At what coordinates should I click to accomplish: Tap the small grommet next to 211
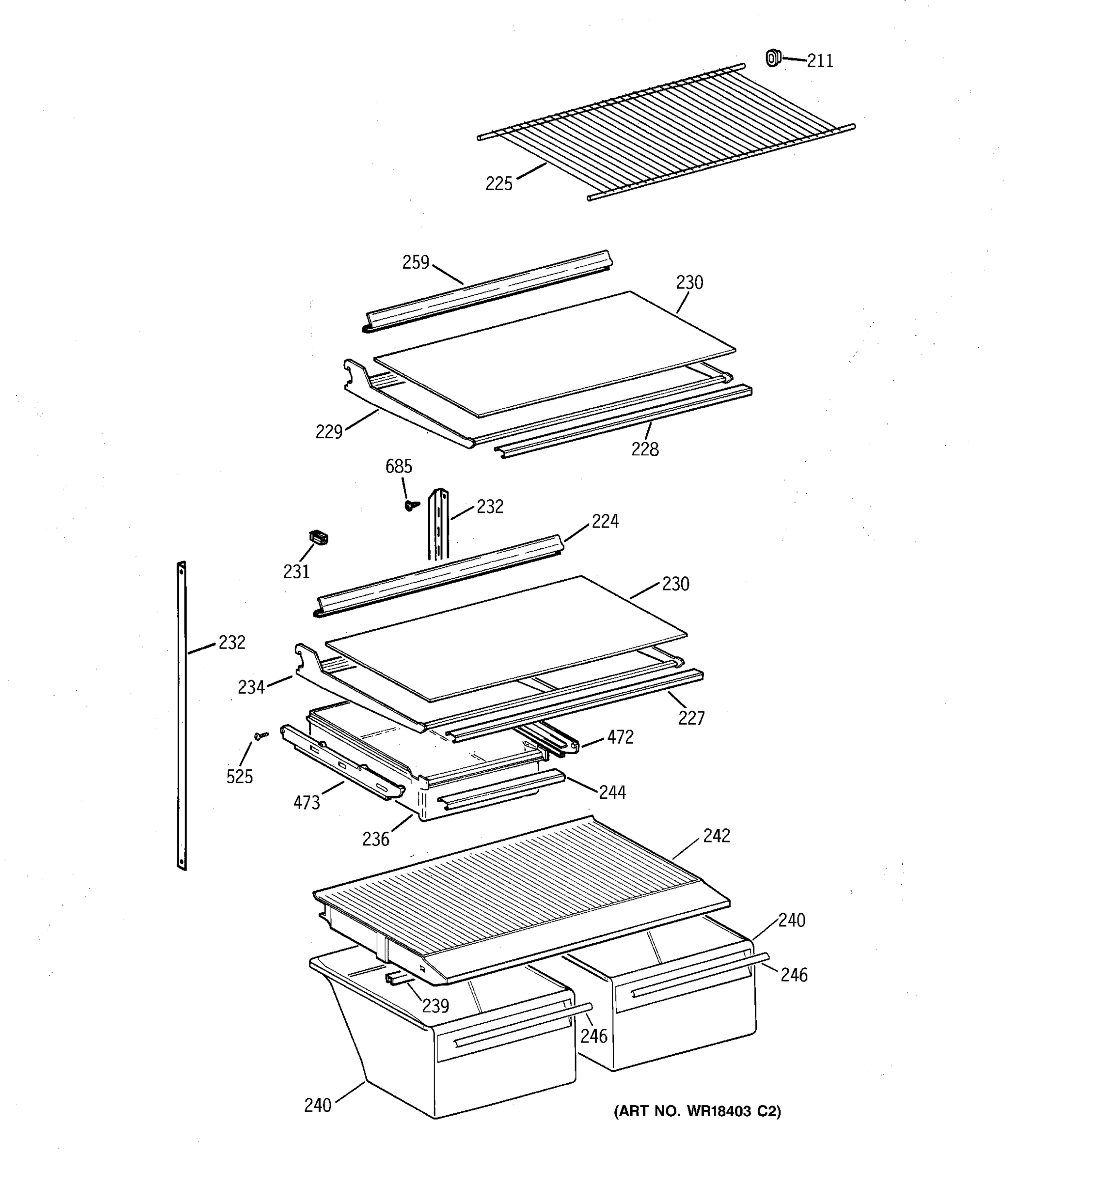(x=773, y=58)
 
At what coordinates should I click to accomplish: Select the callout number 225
(x=498, y=184)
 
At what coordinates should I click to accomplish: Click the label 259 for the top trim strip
(x=415, y=263)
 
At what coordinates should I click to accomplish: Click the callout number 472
(x=620, y=737)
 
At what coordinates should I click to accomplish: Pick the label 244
(x=612, y=792)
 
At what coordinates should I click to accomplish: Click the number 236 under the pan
(x=376, y=839)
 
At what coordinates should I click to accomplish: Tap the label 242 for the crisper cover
(x=717, y=836)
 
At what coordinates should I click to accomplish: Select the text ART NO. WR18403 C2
(x=697, y=1111)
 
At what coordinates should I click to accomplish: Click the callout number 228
(x=645, y=449)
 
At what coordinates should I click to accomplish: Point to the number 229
(x=329, y=432)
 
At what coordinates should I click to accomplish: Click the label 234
(x=251, y=687)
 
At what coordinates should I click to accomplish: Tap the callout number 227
(x=691, y=719)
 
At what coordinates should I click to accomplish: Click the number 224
(x=605, y=521)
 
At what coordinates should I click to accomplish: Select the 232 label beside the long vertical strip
(x=232, y=642)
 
